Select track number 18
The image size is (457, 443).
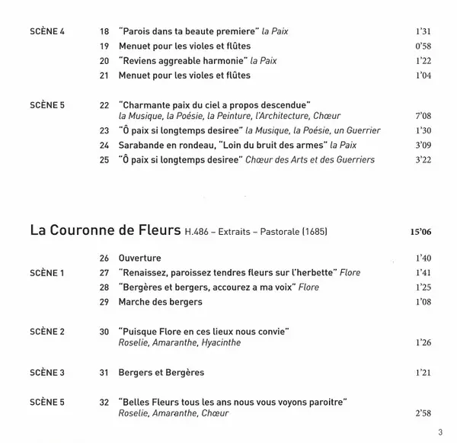[104, 32]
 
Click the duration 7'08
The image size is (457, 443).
[424, 115]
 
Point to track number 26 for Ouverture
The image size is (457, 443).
[104, 258]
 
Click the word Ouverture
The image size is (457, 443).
[140, 258]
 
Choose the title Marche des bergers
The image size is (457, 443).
[160, 302]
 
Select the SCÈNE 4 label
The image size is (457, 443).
[46, 32]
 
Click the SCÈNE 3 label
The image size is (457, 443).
[46, 373]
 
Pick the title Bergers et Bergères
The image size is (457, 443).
[161, 373]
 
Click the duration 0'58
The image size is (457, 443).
[424, 47]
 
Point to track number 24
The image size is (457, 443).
[104, 144]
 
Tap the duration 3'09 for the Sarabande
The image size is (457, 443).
[424, 144]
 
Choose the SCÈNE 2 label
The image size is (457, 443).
[46, 331]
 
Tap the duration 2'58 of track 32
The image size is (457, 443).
[424, 413]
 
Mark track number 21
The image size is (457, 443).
[104, 75]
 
